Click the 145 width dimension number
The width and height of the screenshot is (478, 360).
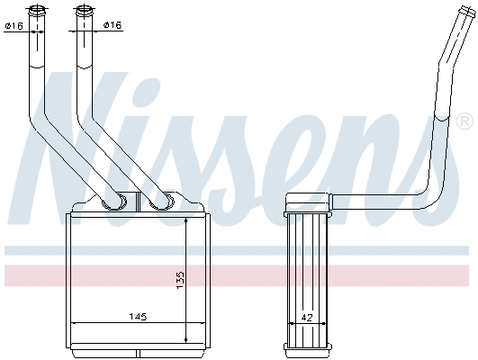tap(137, 317)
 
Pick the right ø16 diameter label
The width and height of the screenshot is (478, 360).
tap(112, 25)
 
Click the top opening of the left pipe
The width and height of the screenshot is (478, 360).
tap(39, 10)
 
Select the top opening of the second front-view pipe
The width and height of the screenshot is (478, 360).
tap(84, 10)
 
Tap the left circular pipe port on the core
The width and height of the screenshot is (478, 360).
tap(114, 202)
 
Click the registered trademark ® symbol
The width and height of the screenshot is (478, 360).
tap(464, 121)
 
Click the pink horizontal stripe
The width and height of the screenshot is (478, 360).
tap(239, 275)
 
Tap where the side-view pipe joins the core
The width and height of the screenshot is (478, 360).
tap(329, 199)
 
